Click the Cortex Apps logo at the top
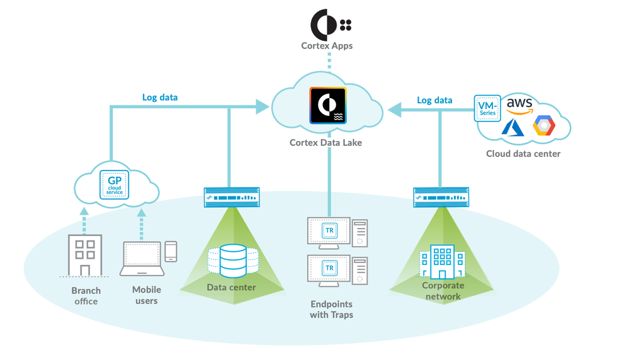click(x=331, y=25)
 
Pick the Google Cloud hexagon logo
click(x=544, y=126)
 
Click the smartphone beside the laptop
click(x=171, y=251)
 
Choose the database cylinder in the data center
click(x=233, y=261)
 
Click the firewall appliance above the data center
click(x=232, y=198)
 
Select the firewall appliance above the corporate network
click(x=441, y=198)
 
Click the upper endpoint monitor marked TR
click(x=329, y=231)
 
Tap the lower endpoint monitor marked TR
click(x=329, y=269)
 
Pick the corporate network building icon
click(x=443, y=262)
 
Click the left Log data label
click(x=160, y=98)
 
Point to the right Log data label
click(x=434, y=100)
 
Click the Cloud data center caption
click(x=523, y=154)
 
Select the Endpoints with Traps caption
click(x=331, y=309)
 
